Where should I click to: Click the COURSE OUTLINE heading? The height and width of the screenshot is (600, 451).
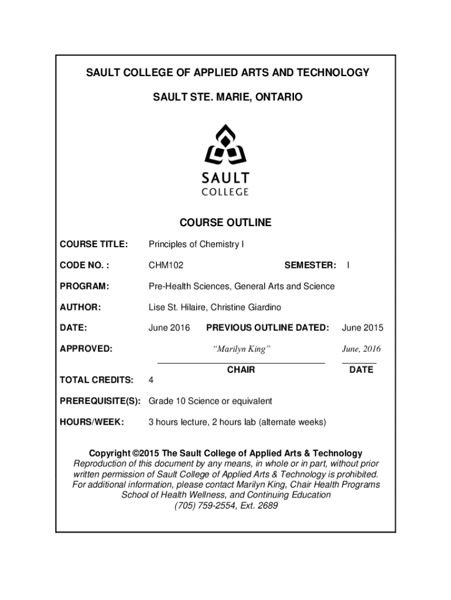pyautogui.click(x=225, y=223)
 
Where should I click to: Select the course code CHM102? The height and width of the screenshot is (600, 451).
pyautogui.click(x=166, y=265)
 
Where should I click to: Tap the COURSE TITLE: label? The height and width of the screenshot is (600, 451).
pyautogui.click(x=94, y=244)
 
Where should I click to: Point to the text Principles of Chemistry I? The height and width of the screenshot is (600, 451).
pyautogui.click(x=196, y=244)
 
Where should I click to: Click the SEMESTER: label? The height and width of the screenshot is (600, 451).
pyautogui.click(x=310, y=265)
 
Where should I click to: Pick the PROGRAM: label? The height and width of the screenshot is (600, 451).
pyautogui.click(x=84, y=287)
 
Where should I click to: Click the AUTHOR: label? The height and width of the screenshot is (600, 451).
pyautogui.click(x=81, y=308)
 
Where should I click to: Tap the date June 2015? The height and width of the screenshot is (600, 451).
pyautogui.click(x=363, y=328)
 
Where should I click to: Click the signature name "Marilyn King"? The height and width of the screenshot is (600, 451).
pyautogui.click(x=241, y=349)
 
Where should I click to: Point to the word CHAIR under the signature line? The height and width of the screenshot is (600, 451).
pyautogui.click(x=241, y=370)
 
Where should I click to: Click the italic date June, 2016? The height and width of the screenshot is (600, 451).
pyautogui.click(x=361, y=349)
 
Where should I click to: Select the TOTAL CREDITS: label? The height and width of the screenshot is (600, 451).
pyautogui.click(x=97, y=380)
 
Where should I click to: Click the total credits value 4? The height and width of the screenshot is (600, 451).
pyautogui.click(x=151, y=380)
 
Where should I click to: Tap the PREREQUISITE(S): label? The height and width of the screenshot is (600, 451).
pyautogui.click(x=100, y=401)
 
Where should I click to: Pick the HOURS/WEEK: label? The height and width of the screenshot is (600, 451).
pyautogui.click(x=92, y=422)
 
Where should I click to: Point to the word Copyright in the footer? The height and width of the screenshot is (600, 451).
pyautogui.click(x=109, y=454)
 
